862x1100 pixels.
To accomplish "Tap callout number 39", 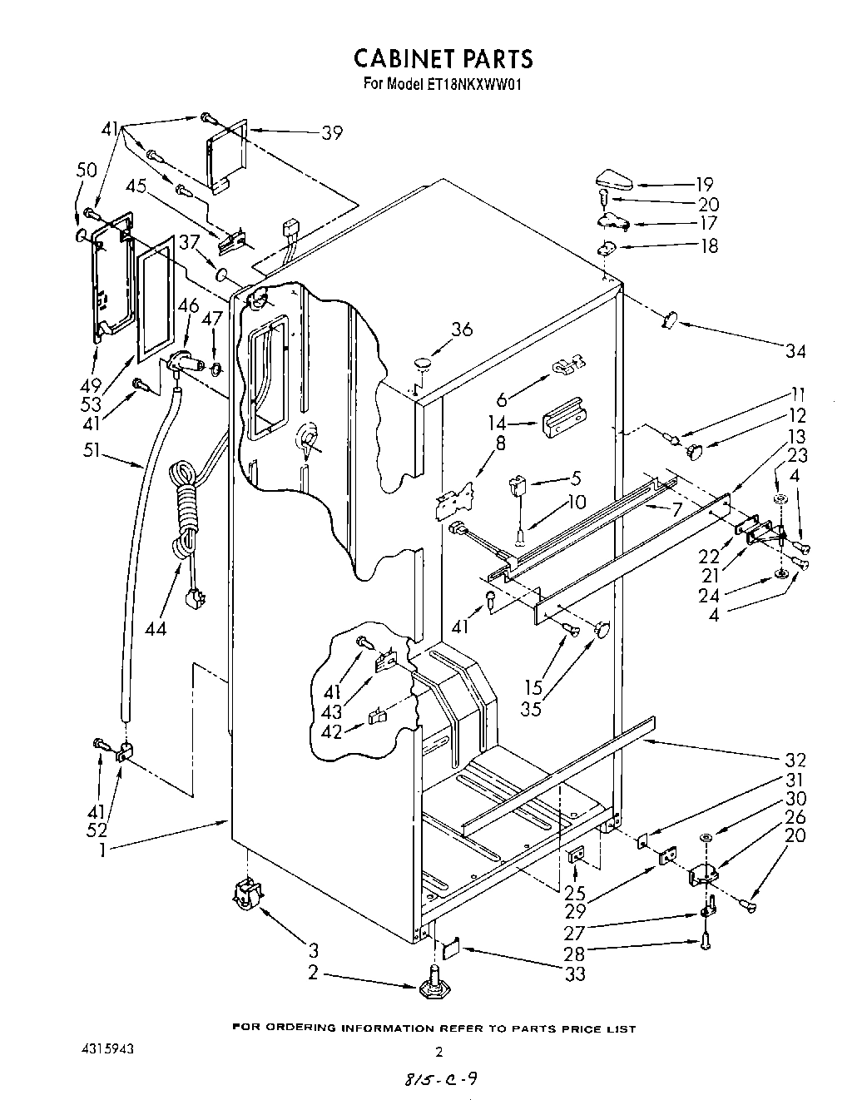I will [x=331, y=133].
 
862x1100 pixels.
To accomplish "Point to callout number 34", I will [x=795, y=350].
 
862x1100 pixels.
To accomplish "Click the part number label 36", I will [x=462, y=330].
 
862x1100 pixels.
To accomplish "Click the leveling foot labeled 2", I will [x=433, y=984].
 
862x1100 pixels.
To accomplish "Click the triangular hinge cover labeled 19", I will [x=616, y=179].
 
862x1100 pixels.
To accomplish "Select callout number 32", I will [x=795, y=760].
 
